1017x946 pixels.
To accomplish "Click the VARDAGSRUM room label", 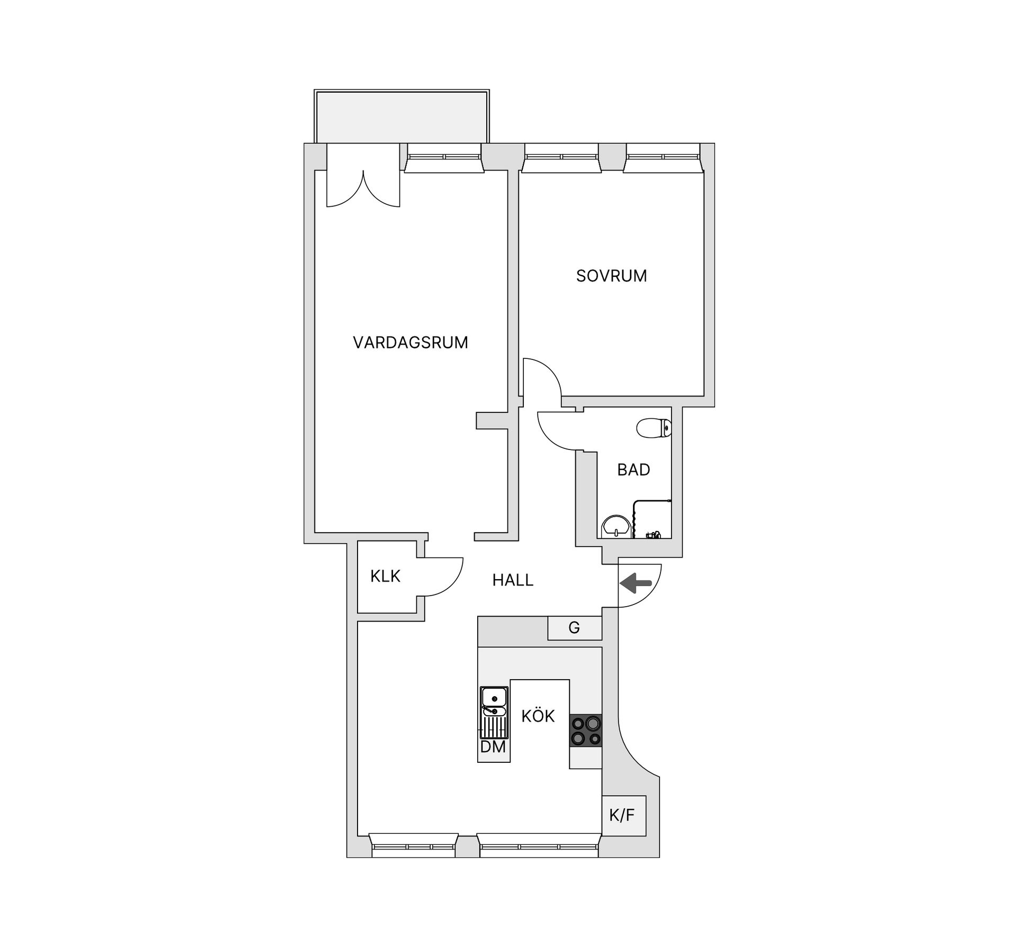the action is tap(411, 343).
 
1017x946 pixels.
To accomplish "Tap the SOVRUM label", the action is tap(611, 276).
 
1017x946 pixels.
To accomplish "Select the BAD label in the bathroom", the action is tap(634, 470).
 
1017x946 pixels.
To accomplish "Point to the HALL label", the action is tap(513, 580).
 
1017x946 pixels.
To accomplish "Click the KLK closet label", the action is tap(385, 576).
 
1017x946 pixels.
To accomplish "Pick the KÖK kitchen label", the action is tap(538, 716).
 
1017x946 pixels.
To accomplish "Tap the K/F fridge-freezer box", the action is tap(625, 815).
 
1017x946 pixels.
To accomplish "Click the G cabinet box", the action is tap(575, 628).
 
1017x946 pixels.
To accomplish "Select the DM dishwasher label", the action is tap(493, 747).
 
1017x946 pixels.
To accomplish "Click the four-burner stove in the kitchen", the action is tap(586, 731).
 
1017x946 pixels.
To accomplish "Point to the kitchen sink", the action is tap(494, 713).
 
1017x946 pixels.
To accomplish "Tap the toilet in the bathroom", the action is tap(654, 428).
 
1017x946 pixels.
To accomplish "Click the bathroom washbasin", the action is tap(616, 526).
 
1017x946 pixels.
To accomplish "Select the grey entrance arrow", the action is tap(636, 583).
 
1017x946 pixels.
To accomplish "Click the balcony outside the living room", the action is tap(402, 116).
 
